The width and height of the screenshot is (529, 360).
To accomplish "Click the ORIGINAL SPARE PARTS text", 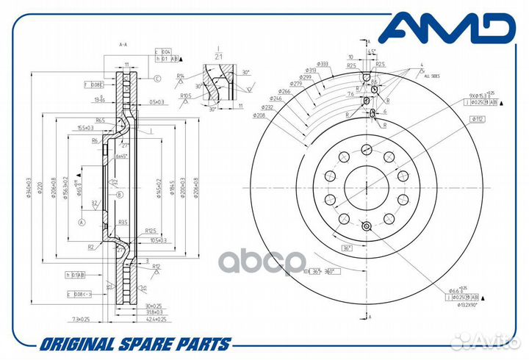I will pos(136,344).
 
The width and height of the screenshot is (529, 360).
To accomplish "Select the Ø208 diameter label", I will pos(259,116).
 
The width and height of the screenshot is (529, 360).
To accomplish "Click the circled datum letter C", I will pos(157,78).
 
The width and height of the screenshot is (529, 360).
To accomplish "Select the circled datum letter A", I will pos(82,220).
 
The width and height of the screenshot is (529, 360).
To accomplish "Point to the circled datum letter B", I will pos(119,194).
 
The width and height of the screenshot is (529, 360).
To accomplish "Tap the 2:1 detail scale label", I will pos(217,55).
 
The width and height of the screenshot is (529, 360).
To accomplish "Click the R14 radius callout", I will pos(180,75).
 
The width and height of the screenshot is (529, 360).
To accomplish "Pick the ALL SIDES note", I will pos(433,74).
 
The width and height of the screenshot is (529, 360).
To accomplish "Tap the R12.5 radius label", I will pos(151,231).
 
